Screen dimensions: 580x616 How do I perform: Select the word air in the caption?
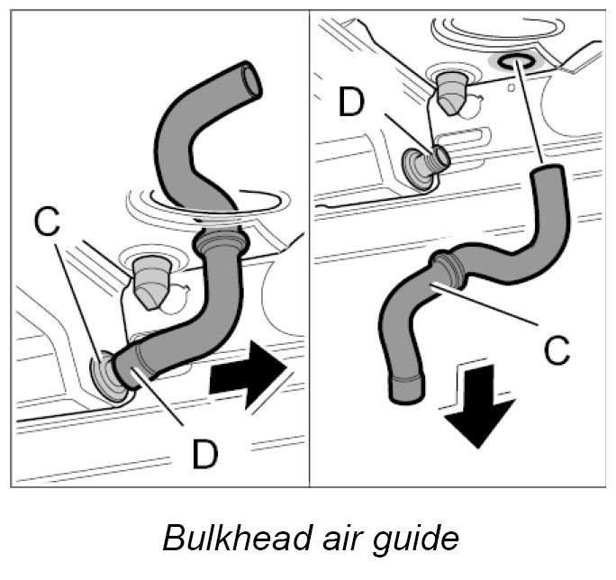click(x=336, y=538)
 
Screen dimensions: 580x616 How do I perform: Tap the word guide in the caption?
click(x=416, y=539)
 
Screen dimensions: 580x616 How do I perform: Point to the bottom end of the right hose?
click(x=405, y=389)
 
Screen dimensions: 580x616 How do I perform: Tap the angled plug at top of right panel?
click(x=451, y=88)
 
